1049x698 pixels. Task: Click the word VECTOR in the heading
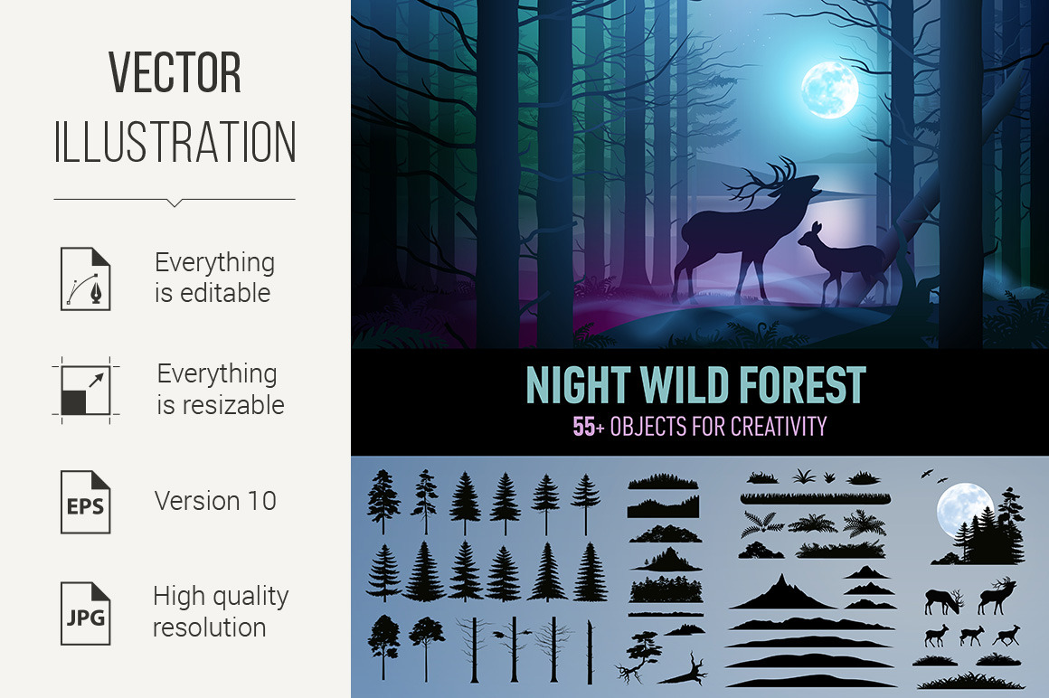175,72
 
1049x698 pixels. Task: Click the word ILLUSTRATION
175,142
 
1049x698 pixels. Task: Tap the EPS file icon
86,502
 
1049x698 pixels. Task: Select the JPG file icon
86,613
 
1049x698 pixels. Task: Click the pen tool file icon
86,278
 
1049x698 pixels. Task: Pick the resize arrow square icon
86,391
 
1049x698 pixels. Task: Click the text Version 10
215,501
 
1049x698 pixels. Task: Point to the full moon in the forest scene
829,90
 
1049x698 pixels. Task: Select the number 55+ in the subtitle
589,427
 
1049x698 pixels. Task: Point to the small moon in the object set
965,509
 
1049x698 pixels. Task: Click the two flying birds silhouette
934,476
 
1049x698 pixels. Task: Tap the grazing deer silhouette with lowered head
943,601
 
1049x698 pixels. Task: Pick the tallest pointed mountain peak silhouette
782,591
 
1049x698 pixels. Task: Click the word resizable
221,405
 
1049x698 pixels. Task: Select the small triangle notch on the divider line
175,203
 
